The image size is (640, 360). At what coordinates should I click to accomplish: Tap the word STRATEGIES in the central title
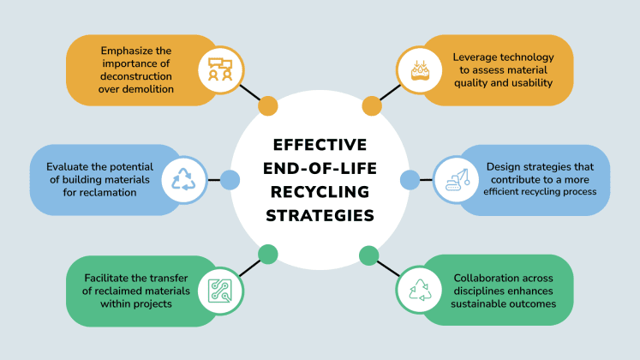320,214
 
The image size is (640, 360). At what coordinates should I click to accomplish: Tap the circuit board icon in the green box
216,291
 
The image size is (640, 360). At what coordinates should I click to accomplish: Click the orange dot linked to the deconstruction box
268,106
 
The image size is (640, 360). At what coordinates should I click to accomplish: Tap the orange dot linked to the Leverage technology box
371,106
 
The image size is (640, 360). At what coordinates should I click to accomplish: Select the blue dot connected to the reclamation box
229,180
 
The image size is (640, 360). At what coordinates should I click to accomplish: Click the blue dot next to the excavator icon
410,180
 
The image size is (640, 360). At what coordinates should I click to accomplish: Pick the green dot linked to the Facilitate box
268,254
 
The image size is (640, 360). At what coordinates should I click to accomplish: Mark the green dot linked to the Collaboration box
369,254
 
